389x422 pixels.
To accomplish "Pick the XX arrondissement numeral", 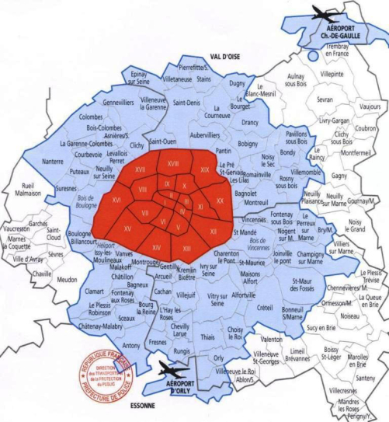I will click(220, 201).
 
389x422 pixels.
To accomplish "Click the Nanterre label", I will click(53, 162).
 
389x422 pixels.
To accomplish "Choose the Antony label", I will click(131, 344).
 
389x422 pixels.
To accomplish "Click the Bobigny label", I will click(248, 145).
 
